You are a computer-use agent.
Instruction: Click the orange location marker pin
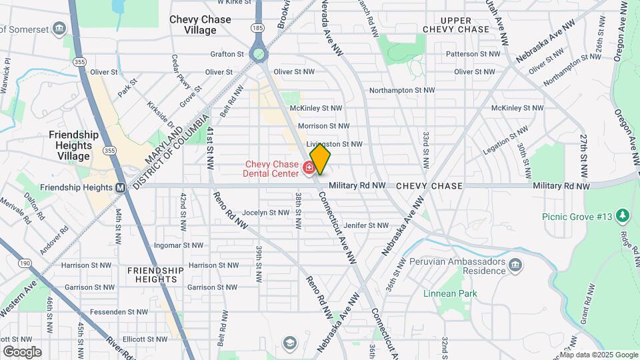320,159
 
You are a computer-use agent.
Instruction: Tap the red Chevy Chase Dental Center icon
309,167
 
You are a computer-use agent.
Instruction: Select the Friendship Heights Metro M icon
120,187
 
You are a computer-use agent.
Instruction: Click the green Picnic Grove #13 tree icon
623,215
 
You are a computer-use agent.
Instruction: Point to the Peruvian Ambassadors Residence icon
515,266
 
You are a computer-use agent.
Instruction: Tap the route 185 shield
257,27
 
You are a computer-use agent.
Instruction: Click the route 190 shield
25,264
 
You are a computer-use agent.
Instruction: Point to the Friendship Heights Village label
73,145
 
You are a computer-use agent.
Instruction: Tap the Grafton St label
227,54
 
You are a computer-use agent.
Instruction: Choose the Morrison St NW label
323,125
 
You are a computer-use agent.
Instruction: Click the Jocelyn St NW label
265,213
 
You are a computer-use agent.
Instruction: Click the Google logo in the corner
22,351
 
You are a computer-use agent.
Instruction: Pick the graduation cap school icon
289,343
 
